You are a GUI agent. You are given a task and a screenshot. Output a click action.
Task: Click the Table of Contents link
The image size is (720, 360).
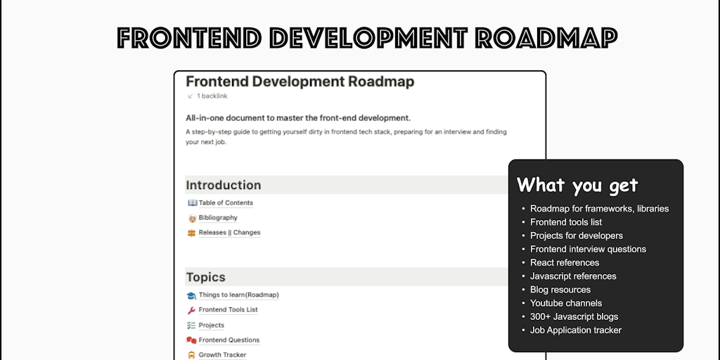(226, 203)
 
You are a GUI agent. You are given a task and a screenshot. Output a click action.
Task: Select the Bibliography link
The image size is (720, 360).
(218, 218)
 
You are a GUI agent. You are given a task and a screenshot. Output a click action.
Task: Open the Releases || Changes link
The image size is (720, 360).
(229, 233)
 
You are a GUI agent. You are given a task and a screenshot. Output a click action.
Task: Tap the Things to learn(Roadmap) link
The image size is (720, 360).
(238, 295)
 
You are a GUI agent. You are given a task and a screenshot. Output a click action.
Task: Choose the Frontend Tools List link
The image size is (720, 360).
(228, 310)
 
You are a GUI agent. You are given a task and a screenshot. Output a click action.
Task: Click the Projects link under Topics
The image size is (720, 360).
(211, 326)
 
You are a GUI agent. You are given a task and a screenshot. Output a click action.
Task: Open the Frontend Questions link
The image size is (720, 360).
(229, 340)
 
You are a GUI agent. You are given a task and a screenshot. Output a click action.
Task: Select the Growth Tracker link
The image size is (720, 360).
(222, 355)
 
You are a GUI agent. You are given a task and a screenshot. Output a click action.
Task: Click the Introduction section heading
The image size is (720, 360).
(223, 186)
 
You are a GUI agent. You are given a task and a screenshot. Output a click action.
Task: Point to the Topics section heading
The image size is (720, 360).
(205, 277)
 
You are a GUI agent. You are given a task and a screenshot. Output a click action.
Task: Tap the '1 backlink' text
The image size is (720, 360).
(212, 96)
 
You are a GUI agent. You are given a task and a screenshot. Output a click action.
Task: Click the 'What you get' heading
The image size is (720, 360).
(577, 185)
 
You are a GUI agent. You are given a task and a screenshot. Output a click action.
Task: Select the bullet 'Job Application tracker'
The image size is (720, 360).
(576, 330)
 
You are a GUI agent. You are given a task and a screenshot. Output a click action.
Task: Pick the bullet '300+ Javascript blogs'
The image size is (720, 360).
(574, 317)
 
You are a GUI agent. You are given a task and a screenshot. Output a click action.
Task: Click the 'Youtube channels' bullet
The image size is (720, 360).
(566, 304)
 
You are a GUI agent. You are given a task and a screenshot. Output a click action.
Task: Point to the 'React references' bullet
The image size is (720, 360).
(565, 263)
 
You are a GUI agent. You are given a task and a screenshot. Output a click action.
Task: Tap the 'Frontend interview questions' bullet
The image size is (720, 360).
(588, 250)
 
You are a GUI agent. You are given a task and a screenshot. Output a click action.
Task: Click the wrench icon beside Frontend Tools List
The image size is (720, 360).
(191, 310)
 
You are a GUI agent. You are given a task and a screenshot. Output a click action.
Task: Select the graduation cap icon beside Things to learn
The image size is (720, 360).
(191, 295)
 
